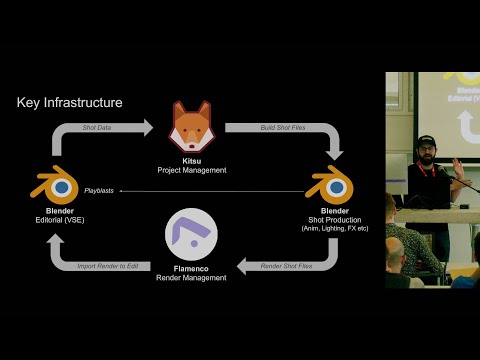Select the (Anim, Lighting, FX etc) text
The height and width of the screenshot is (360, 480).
click(329, 229)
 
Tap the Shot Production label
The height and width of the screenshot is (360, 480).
click(329, 220)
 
